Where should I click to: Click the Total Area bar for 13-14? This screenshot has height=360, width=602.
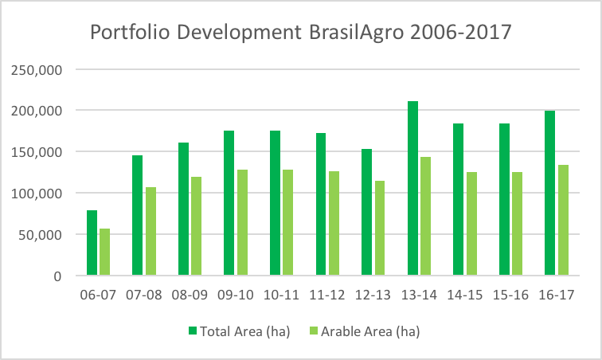click(x=412, y=189)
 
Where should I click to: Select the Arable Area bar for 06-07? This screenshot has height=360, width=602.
click(x=104, y=252)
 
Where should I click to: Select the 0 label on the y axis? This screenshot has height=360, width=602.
click(x=57, y=276)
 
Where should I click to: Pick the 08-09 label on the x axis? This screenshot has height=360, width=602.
click(x=190, y=295)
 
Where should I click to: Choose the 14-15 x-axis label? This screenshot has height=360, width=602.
click(x=464, y=295)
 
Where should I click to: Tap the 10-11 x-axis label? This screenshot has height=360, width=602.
click(x=281, y=295)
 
